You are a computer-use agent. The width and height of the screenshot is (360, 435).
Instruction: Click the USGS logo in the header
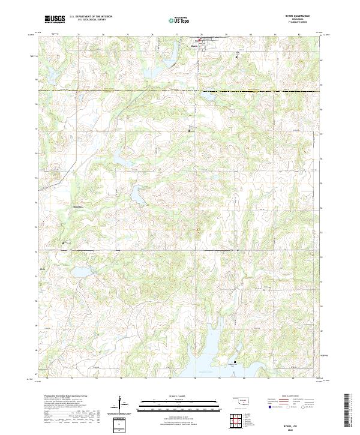pos(55,19)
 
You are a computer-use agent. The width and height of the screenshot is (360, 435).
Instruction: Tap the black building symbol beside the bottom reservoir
pos(235,362)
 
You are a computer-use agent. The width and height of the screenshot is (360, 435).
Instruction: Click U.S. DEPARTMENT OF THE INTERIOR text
pos(91,16)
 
